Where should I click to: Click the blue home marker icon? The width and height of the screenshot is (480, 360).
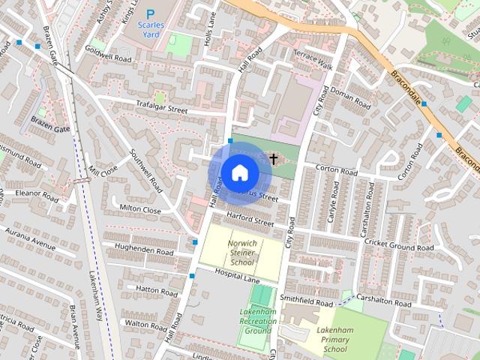(240, 173)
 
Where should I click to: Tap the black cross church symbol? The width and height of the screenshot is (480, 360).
(274, 158)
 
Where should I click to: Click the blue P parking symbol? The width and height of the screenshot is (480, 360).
(151, 13)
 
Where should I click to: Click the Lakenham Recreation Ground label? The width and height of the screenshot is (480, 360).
(257, 321)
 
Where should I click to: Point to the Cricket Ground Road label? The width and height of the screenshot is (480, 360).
(399, 247)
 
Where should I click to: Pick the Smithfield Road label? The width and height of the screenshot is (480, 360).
(305, 299)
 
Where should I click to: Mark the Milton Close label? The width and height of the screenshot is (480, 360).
(140, 211)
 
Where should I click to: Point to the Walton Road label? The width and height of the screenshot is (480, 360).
(145, 323)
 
